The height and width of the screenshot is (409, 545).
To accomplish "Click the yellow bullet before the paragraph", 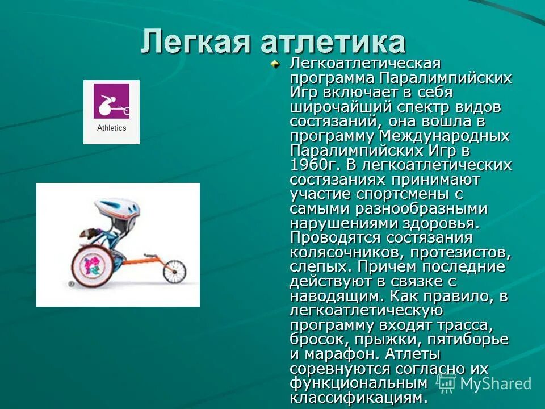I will coord(275,64).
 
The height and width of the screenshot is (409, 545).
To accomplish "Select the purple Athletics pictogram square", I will coord(111,101).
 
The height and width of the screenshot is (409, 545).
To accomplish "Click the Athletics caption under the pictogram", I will coord(111,128).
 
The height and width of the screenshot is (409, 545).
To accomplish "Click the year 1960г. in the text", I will coord(313,165).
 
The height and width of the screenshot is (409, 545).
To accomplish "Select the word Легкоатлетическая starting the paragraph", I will coord(366,62).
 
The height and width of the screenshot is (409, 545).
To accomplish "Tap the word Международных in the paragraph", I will coord(444,136).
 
